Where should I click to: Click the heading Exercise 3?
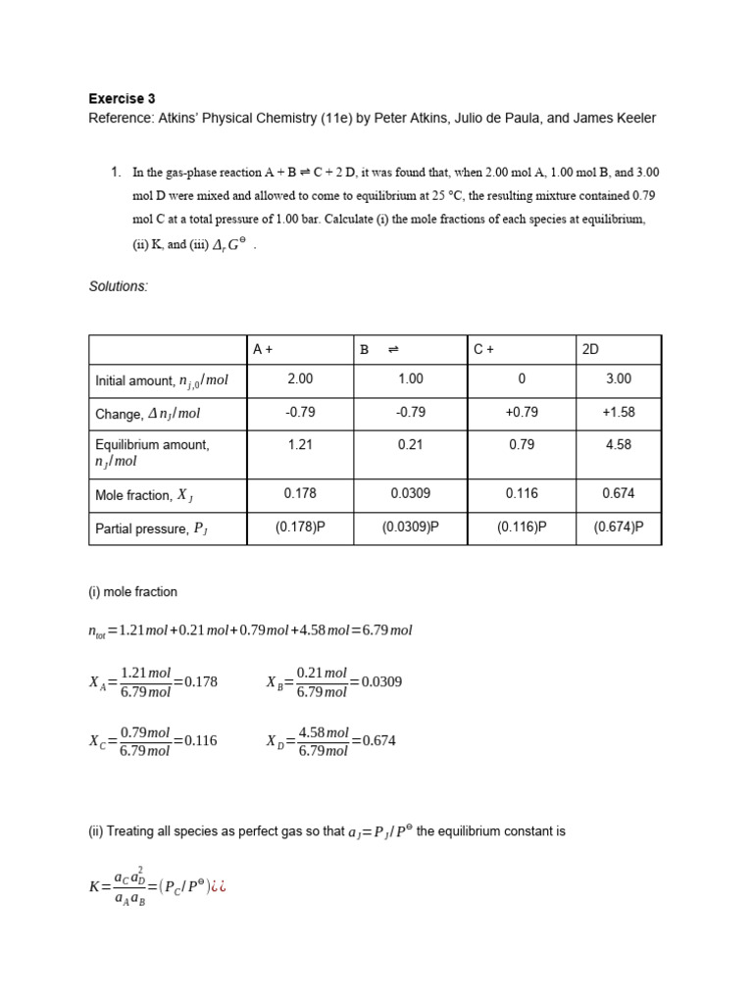[122, 98]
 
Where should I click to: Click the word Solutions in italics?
[118, 285]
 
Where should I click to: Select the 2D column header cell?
[592, 349]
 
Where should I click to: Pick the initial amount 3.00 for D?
[619, 378]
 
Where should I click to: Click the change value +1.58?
[619, 413]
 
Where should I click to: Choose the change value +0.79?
[521, 413]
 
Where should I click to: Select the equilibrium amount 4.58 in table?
[619, 444]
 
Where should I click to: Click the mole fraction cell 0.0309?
[410, 494]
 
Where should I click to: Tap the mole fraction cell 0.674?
[619, 494]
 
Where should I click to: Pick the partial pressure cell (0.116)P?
[521, 527]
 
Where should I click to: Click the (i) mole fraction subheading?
[132, 592]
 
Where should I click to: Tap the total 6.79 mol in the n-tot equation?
[388, 630]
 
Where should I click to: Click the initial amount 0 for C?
[521, 378]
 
